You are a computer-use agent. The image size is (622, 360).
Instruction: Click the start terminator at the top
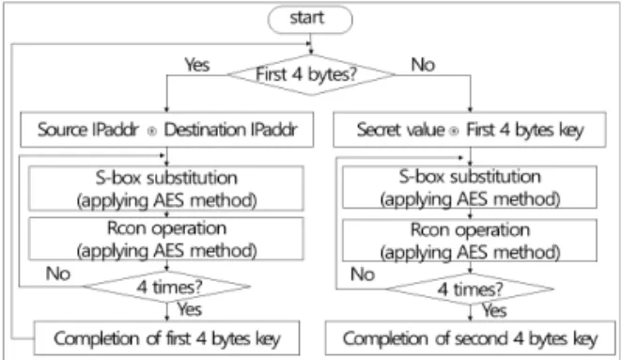click(310, 19)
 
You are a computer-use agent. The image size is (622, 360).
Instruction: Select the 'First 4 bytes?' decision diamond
click(311, 74)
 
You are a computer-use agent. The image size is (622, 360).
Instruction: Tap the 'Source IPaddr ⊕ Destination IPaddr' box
click(166, 130)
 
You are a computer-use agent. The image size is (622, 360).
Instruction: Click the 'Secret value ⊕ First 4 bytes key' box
click(470, 130)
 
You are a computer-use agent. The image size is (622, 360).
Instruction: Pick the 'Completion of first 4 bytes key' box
click(166, 338)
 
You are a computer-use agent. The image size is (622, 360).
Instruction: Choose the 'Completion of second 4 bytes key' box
click(470, 338)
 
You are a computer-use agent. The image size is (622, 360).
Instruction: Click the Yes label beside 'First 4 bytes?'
click(197, 65)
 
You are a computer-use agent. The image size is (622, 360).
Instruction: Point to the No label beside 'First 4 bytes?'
click(423, 65)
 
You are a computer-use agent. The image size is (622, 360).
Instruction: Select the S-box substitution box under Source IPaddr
click(166, 188)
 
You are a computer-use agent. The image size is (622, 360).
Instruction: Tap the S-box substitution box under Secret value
click(470, 187)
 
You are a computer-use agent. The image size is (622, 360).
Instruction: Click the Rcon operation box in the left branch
click(166, 239)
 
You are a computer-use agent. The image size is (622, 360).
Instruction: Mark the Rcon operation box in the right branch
click(470, 240)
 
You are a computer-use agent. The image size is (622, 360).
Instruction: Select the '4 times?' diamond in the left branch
click(166, 287)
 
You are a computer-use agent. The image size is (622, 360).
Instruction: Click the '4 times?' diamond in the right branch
click(470, 289)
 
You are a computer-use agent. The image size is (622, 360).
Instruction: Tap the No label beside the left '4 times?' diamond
click(58, 274)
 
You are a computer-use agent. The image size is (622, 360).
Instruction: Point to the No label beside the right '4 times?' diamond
click(363, 274)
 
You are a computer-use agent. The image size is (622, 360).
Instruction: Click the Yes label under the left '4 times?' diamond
click(190, 309)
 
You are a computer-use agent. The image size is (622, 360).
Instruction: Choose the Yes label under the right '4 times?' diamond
click(494, 310)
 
